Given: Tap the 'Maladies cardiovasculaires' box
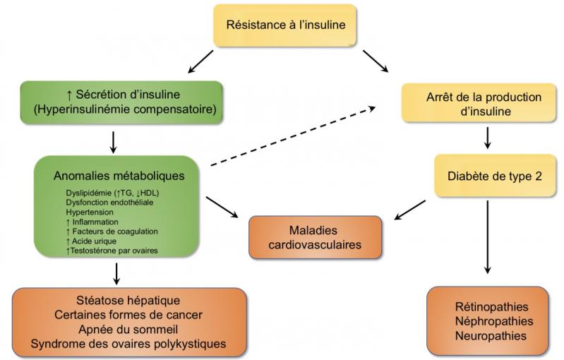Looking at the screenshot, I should click(315, 238).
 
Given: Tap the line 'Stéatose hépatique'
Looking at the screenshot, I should click(129, 301).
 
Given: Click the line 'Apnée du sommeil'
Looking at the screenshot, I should click(129, 329).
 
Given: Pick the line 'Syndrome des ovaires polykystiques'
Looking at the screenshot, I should click(129, 344).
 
